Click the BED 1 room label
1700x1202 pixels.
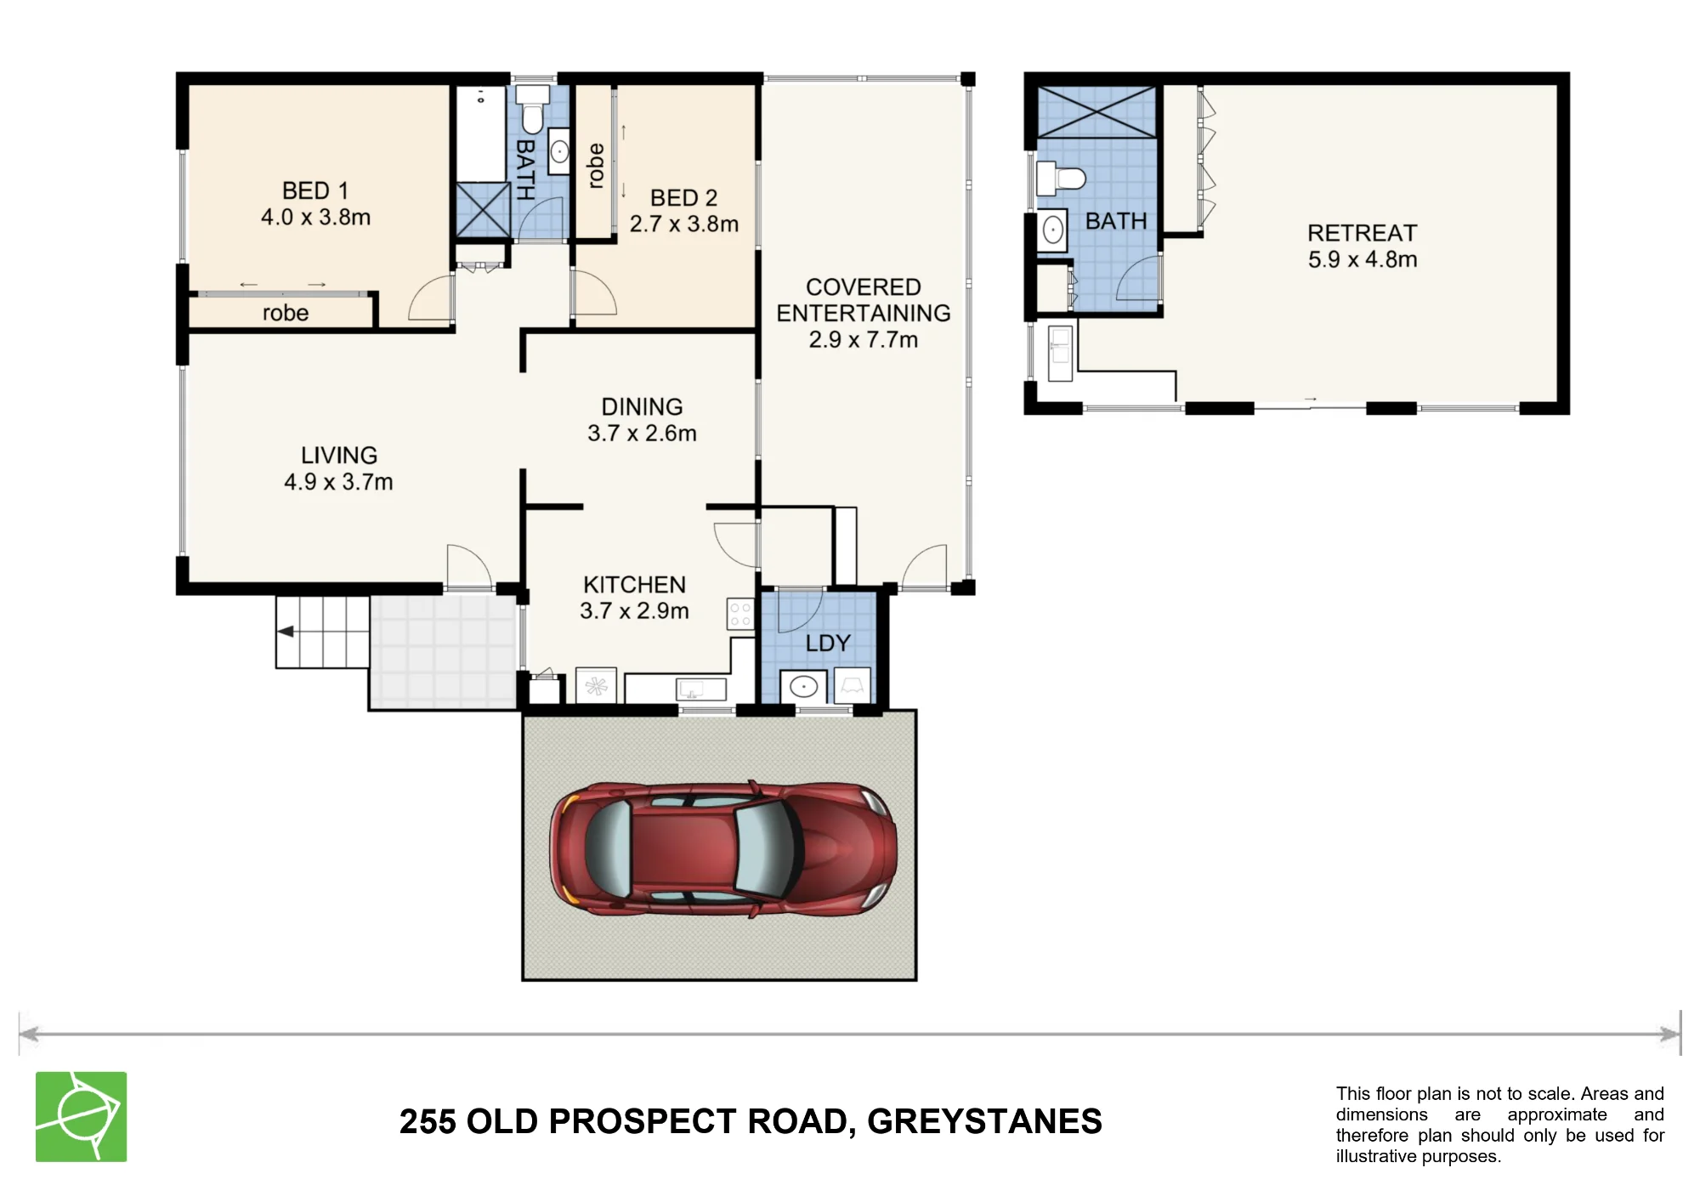pos(315,190)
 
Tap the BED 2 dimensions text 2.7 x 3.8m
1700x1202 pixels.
pos(684,224)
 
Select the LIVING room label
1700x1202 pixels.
pos(339,456)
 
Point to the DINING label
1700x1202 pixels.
pos(642,407)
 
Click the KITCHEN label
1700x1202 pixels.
pos(634,585)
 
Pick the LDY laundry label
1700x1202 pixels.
pos(828,644)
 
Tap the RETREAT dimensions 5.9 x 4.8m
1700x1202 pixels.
pos(1363,259)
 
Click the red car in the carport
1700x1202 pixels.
pos(723,849)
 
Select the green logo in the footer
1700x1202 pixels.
pos(81,1116)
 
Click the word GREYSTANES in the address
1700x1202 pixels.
pos(984,1121)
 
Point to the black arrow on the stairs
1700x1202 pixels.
pos(286,632)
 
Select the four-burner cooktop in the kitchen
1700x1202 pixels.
pos(740,614)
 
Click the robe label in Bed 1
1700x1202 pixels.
pos(286,313)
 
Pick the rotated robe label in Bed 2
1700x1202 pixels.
pos(596,166)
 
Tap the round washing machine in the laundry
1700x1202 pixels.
pos(803,685)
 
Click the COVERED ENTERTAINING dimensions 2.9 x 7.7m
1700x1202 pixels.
pos(864,339)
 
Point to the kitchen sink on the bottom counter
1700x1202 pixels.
pos(701,689)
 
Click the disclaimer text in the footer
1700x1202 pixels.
pos(1499,1125)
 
